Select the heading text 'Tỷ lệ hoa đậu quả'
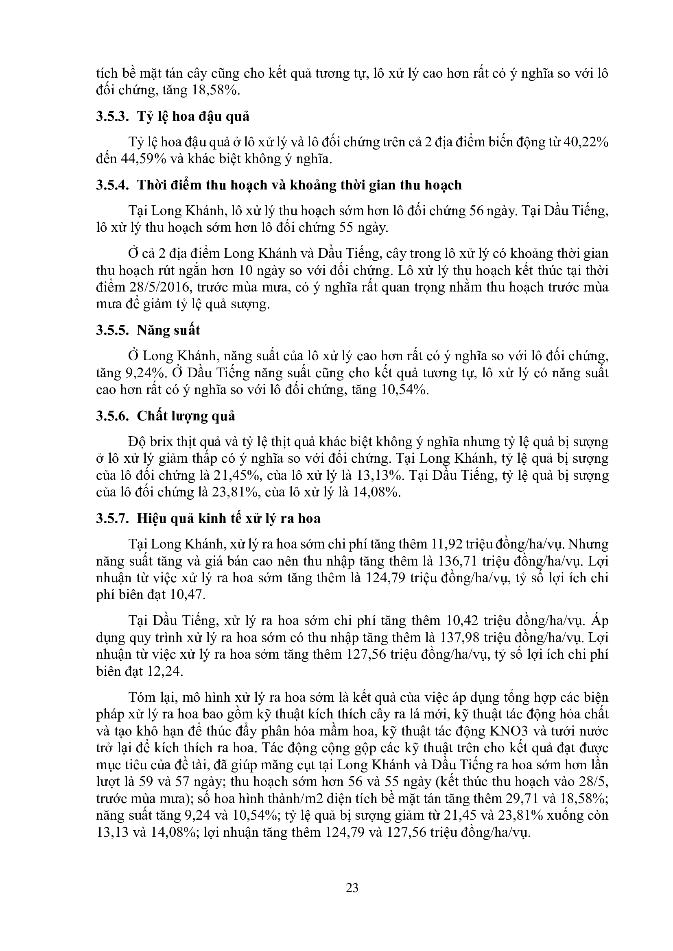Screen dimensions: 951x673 [193, 116]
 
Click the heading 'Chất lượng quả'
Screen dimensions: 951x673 [186, 416]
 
